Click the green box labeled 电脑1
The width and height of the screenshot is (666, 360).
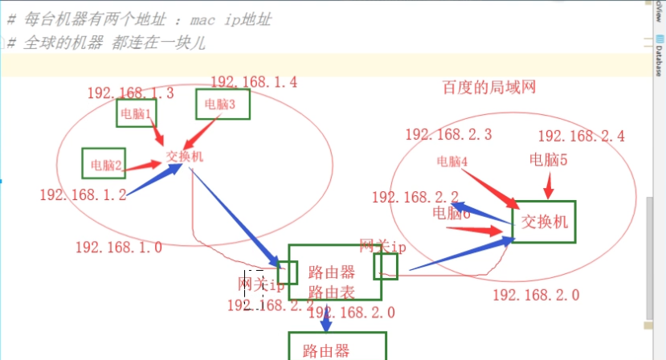point(136,113)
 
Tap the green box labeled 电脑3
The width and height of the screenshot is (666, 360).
point(223,104)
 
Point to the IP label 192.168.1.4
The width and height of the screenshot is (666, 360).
point(254,81)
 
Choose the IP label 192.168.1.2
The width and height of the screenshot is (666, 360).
point(83,194)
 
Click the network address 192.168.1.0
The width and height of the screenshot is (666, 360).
point(119,247)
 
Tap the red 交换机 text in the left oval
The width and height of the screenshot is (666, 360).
point(185,156)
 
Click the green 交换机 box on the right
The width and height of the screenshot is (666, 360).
point(544,222)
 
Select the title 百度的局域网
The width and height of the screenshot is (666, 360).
point(488,86)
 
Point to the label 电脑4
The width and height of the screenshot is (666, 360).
point(451,161)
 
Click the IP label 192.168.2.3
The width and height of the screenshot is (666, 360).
point(448,135)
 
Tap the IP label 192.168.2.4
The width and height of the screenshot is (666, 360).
point(581,136)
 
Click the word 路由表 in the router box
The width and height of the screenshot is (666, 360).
point(332,292)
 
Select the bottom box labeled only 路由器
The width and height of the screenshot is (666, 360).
point(337,347)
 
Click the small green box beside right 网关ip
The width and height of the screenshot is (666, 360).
point(385,266)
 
